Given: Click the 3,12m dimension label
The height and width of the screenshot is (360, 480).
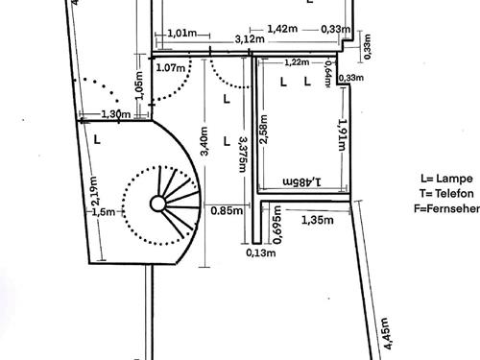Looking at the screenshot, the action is coord(250,40).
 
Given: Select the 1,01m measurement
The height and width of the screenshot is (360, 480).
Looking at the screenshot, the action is coord(182,34).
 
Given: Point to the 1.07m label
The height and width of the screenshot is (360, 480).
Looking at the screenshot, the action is coord(169,68).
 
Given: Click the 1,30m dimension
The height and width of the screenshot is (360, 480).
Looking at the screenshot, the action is coord(116,115).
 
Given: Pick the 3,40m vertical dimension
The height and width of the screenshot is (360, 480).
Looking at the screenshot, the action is coord(204,144).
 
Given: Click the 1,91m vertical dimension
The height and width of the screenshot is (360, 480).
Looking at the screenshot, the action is coord(341,134).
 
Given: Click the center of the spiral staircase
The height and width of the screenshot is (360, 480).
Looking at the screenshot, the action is coord(157,204).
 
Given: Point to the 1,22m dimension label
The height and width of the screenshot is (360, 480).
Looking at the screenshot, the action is coord(297,62).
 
